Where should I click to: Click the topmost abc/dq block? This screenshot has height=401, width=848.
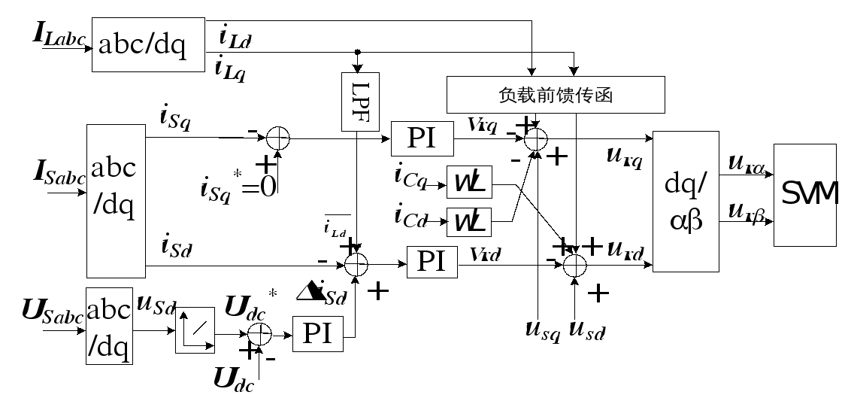click(148, 45)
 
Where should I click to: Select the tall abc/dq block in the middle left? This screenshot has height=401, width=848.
click(116, 201)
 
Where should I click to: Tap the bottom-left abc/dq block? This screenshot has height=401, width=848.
click(109, 326)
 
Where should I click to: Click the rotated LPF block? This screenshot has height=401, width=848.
click(360, 102)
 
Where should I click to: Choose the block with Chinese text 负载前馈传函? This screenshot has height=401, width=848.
click(556, 96)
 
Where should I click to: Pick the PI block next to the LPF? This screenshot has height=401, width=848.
click(422, 139)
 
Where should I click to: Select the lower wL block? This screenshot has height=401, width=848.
click(470, 222)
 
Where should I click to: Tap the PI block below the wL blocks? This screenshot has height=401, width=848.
click(432, 262)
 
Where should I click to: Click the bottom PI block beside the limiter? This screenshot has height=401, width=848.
click(317, 334)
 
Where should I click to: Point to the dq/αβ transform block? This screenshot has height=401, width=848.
click(686, 201)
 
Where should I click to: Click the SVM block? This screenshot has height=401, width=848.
click(805, 195)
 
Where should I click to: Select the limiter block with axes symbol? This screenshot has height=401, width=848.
click(195, 330)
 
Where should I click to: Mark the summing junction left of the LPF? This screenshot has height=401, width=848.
click(278, 138)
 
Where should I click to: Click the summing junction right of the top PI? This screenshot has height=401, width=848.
click(535, 139)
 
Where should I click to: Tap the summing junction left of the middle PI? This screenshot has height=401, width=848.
click(356, 264)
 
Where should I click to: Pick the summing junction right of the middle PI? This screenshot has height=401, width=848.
click(574, 266)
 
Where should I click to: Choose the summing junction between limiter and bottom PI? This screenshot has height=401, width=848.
click(259, 335)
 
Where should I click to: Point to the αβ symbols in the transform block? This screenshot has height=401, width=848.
click(686, 222)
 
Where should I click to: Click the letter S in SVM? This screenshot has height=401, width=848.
click(789, 195)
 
